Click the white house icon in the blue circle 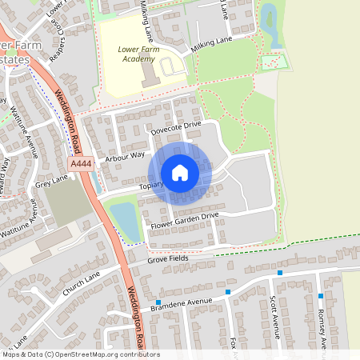[x=180, y=173]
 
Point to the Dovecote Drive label [x=176, y=125]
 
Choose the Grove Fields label [x=168, y=259]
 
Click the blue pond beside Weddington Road [x=124, y=216]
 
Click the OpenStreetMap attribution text [x=80, y=354]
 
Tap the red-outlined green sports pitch [x=274, y=62]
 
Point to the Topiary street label [x=152, y=185]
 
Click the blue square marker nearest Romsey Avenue [x=320, y=296]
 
